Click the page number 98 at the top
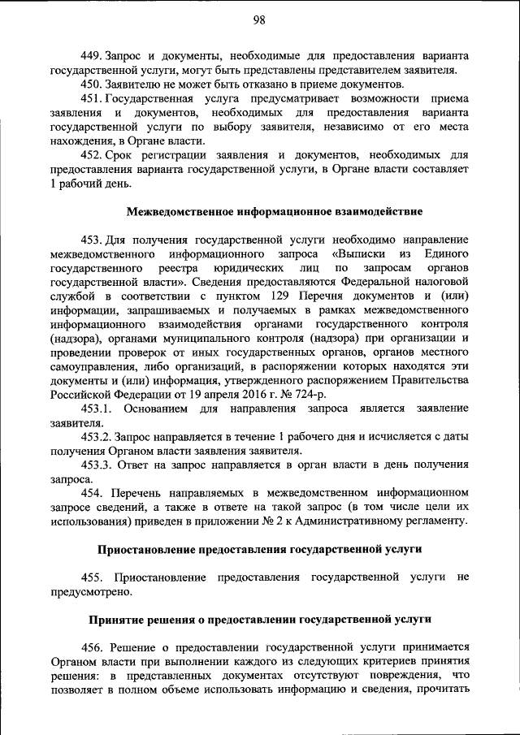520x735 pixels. point(258,20)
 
